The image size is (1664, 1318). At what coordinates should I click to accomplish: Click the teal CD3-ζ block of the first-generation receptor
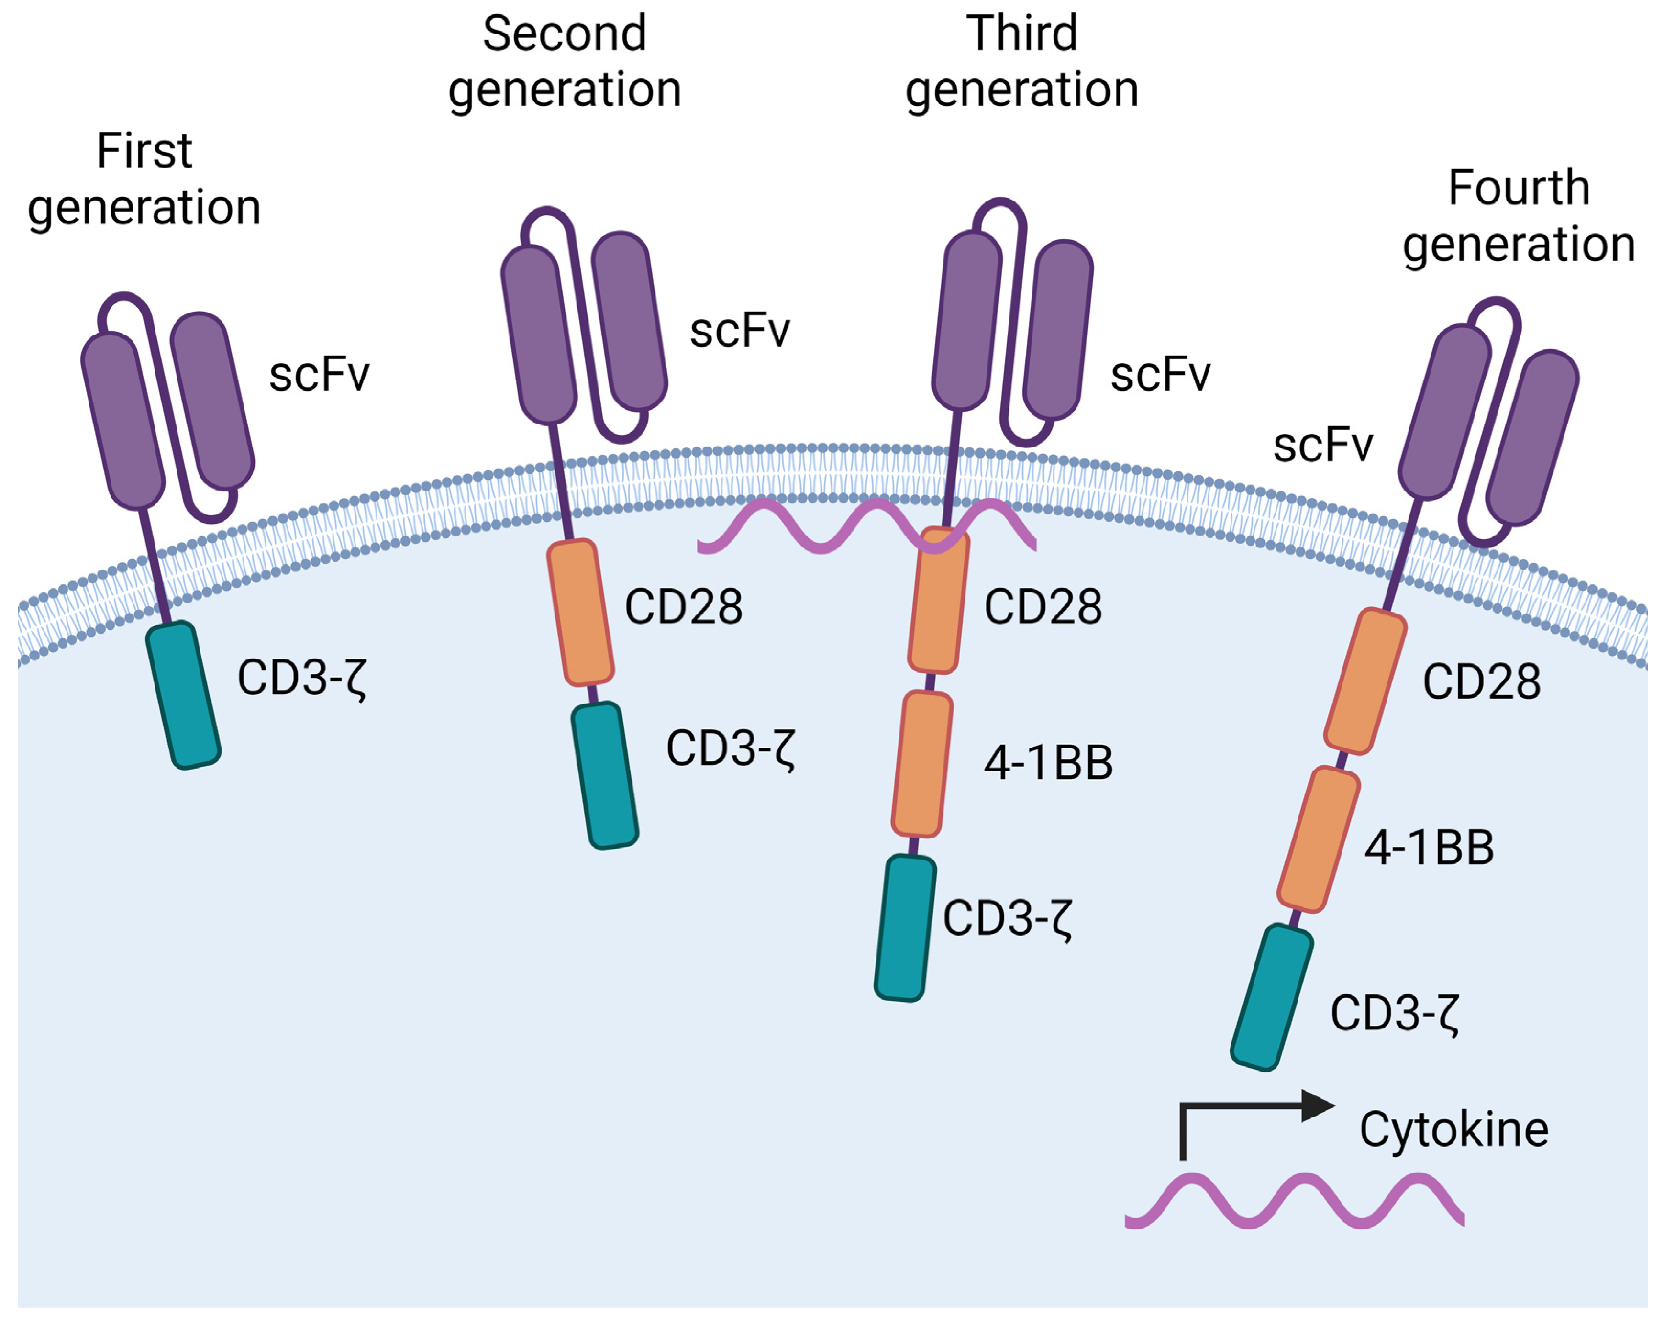184,694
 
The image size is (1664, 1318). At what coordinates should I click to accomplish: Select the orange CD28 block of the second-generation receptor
580,613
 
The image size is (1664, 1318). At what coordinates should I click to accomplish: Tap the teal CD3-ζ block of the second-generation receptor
605,775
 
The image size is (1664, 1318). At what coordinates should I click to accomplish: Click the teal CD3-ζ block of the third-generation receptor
905,927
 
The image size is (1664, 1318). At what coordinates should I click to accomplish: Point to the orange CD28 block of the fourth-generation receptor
1364,681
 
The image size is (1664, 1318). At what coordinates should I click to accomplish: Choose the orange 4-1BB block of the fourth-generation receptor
1318,839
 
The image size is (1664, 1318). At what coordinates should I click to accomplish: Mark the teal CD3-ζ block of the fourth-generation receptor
1271,996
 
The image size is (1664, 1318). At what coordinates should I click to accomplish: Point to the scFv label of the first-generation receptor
319,375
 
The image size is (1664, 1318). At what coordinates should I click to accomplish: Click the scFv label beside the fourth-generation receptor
1322,445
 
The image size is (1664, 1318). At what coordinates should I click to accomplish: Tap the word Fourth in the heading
1518,188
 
